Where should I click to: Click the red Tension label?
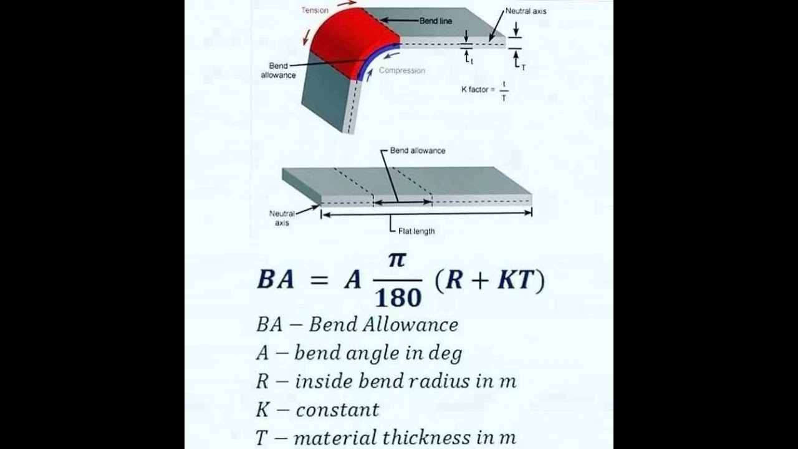pos(315,10)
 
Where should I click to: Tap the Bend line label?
pos(436,21)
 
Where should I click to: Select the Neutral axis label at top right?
pos(526,11)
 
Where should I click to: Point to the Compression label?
pos(401,70)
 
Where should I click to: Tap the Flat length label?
pos(416,231)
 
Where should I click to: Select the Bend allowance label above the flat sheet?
pos(417,150)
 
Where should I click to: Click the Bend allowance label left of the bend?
pos(278,70)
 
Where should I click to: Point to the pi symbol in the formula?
pos(397,259)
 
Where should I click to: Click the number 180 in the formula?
pos(398,298)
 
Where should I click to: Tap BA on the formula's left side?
pos(275,280)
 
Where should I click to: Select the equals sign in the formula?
pos(319,281)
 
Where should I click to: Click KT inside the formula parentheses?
pos(516,280)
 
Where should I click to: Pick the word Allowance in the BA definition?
pos(415,325)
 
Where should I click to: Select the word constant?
pos(337,410)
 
